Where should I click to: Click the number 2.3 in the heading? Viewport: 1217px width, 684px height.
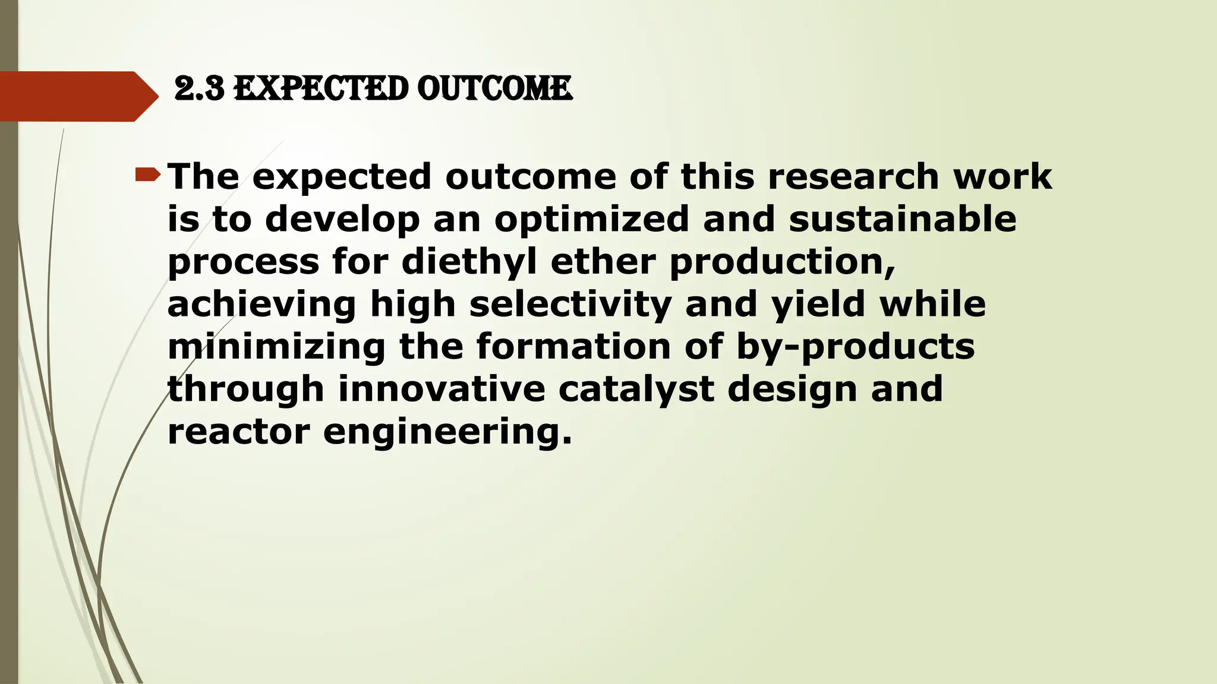(199, 89)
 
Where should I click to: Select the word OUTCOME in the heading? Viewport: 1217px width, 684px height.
(494, 89)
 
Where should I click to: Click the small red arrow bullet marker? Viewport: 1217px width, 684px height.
(147, 175)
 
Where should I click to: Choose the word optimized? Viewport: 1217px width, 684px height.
(591, 220)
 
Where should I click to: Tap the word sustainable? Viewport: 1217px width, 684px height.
(903, 219)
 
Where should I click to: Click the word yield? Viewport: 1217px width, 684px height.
(818, 304)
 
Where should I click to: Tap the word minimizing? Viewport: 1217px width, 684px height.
(276, 347)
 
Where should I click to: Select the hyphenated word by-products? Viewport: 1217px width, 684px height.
(855, 347)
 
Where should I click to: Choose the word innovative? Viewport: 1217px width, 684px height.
(442, 389)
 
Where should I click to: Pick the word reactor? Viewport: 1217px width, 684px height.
(238, 432)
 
